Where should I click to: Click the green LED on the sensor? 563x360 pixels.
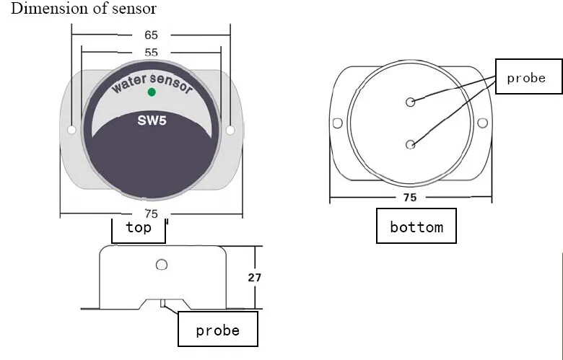(x=152, y=92)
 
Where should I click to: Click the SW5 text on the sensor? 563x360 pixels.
(x=152, y=120)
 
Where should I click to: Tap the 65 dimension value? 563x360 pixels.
(x=152, y=35)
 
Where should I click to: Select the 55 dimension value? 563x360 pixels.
(x=152, y=53)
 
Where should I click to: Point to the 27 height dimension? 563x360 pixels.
(x=255, y=277)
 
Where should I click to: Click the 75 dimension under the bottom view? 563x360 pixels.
(x=409, y=197)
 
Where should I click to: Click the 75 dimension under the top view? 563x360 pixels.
(x=152, y=214)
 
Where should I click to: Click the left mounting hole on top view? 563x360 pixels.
(x=71, y=131)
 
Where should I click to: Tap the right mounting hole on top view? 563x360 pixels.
(x=230, y=131)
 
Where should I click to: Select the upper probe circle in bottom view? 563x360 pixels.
(x=411, y=102)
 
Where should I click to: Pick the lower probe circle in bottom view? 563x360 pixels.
(x=411, y=145)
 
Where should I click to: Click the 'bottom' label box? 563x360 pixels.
(x=416, y=227)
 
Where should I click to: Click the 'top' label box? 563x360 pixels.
(x=139, y=228)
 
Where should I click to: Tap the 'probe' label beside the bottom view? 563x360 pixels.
(x=526, y=77)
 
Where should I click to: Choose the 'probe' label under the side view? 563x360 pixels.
(x=217, y=330)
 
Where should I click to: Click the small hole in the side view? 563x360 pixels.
(x=162, y=265)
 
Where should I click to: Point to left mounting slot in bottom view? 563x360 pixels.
(x=337, y=123)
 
